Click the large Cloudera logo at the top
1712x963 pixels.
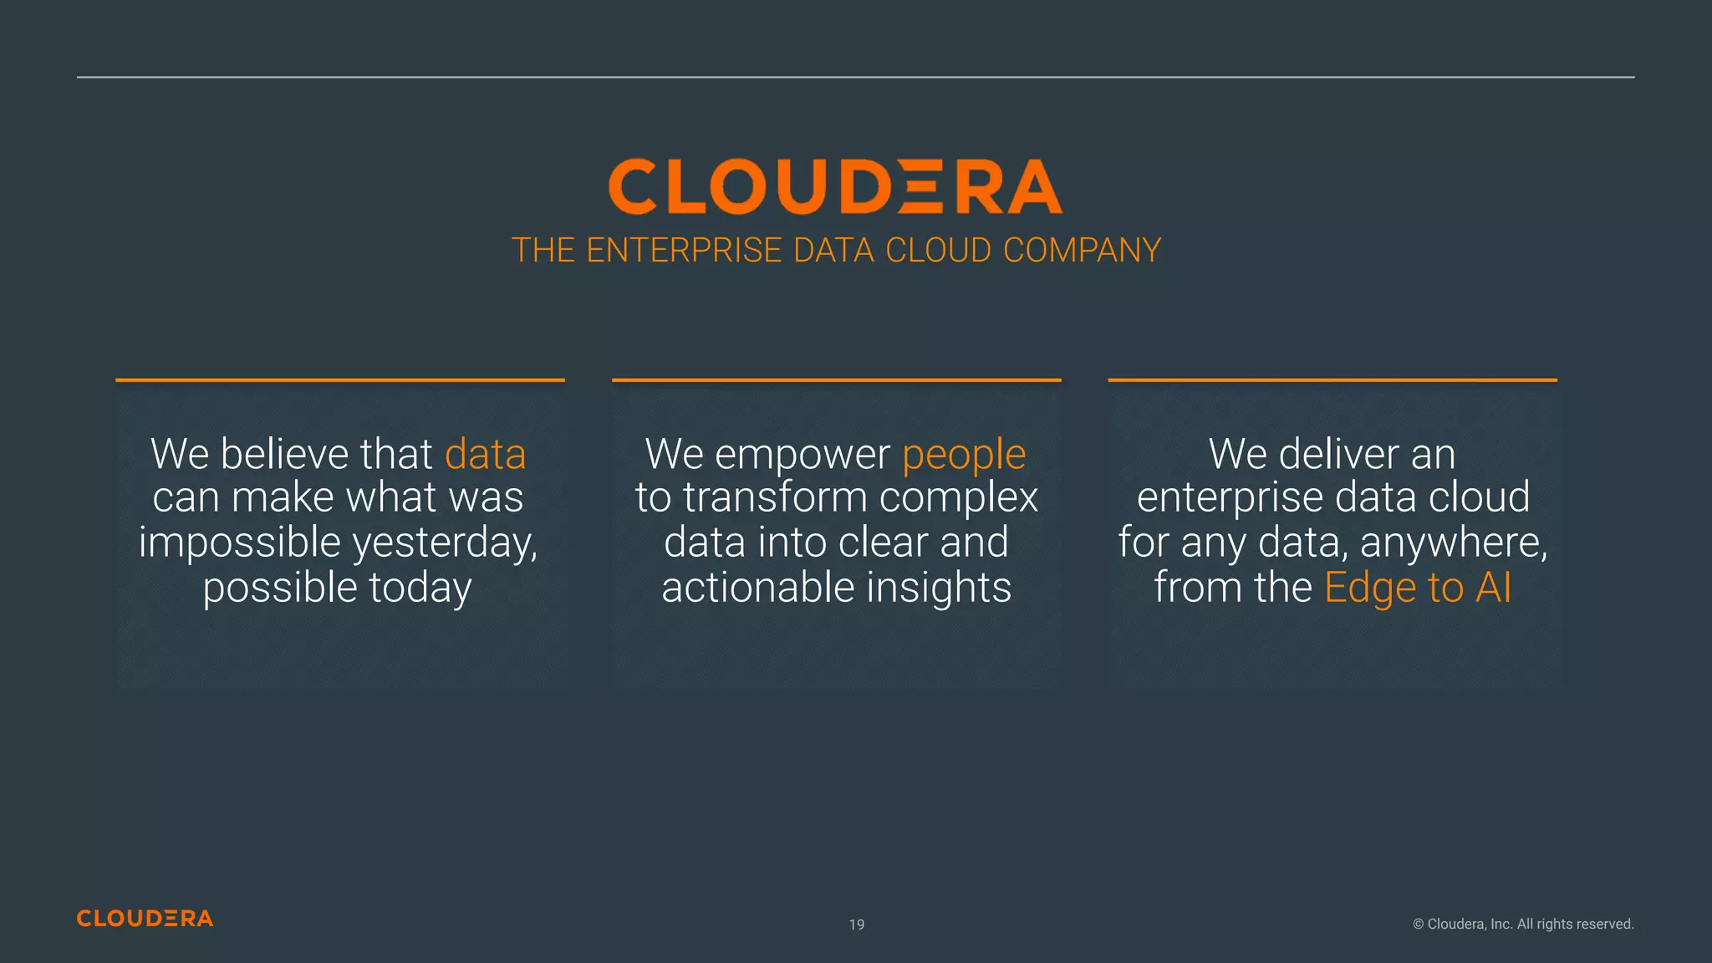pyautogui.click(x=835, y=186)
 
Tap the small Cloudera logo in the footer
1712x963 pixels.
pyautogui.click(x=145, y=918)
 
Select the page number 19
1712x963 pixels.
pyautogui.click(x=857, y=925)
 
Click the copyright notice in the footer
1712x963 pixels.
pyautogui.click(x=1523, y=924)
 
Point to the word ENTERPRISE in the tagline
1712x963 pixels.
pyautogui.click(x=684, y=250)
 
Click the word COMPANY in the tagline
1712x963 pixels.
pyautogui.click(x=1082, y=250)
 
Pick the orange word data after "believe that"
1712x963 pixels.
pyautogui.click(x=485, y=454)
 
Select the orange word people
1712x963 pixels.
pyautogui.click(x=964, y=456)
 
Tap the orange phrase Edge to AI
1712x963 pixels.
pyautogui.click(x=1418, y=587)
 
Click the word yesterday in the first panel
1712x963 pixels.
pyautogui.click(x=444, y=543)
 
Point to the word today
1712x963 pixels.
pyautogui.click(x=420, y=588)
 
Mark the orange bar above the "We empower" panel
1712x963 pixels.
pyautogui.click(x=836, y=380)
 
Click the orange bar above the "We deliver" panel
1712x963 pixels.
pyautogui.click(x=1332, y=380)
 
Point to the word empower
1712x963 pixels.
pyautogui.click(x=802, y=456)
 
